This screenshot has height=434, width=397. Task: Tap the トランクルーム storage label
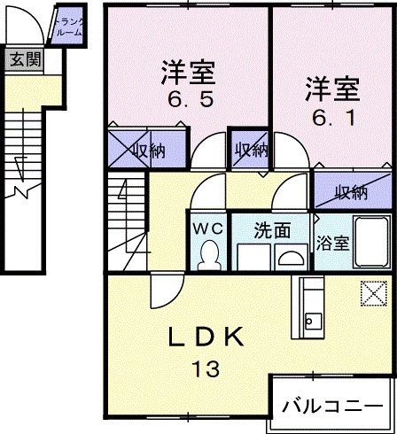click(68, 26)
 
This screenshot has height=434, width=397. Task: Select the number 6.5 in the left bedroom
click(187, 99)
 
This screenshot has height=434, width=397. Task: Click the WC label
click(208, 228)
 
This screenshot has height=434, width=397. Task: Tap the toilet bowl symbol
click(209, 256)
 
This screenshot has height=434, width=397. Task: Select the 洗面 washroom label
click(271, 230)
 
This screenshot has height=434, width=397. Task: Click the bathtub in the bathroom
click(367, 242)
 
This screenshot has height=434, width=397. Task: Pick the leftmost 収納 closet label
click(148, 150)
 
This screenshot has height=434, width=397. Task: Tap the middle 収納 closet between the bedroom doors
click(251, 150)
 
